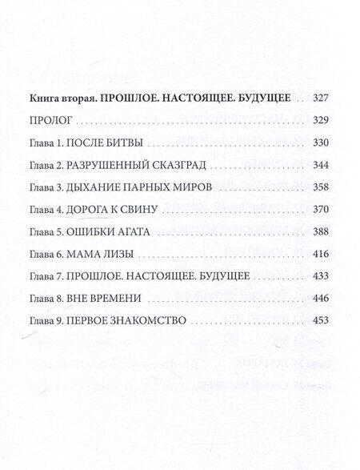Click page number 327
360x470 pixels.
coord(321,102)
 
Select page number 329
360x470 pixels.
coord(321,124)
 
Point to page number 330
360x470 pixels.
coord(321,146)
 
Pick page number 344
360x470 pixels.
coord(321,167)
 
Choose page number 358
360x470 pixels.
coord(321,189)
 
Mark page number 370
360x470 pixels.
coord(321,211)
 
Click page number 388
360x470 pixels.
coord(321,232)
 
